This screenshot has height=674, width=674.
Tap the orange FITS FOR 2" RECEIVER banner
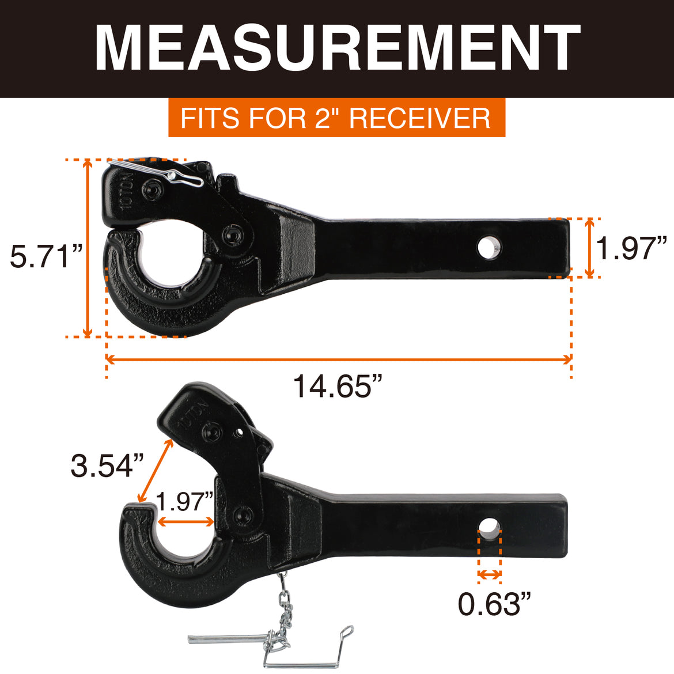[x=336, y=118]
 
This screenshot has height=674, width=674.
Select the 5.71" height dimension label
[x=46, y=256]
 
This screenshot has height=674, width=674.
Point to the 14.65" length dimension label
[x=338, y=386]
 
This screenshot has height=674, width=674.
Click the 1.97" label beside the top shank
[x=631, y=249]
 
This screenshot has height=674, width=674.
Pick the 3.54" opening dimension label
[x=107, y=465]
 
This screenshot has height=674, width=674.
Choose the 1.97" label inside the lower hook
[x=185, y=502]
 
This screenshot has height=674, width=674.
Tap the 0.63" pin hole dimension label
[x=494, y=604]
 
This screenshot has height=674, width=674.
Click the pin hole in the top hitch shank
[x=489, y=248]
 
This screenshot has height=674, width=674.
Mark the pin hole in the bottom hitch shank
[x=489, y=528]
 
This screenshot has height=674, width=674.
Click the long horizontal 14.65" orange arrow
[x=338, y=359]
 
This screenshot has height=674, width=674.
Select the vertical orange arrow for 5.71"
[x=88, y=248]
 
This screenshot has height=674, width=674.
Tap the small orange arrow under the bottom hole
[x=489, y=574]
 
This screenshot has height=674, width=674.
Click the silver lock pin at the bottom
[x=230, y=638]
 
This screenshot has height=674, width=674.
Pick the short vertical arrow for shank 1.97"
[x=589, y=248]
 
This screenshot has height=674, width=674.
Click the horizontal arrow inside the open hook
[x=185, y=521]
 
